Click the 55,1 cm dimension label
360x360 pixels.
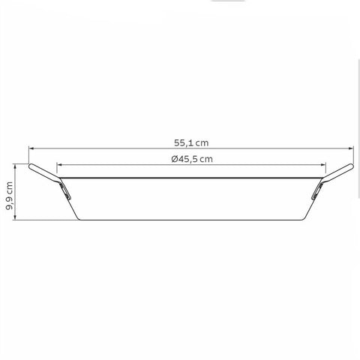point(191,142)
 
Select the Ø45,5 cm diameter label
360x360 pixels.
point(192,159)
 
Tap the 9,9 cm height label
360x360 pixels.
point(9,196)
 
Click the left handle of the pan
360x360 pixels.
point(43,171)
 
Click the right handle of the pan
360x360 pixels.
point(338,171)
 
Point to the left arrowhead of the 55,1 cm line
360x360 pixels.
point(31,148)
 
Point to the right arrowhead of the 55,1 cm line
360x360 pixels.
point(351,148)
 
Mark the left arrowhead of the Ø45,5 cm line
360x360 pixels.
point(59,165)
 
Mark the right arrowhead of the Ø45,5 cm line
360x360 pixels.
point(323,165)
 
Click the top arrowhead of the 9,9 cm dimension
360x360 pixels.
point(16,166)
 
